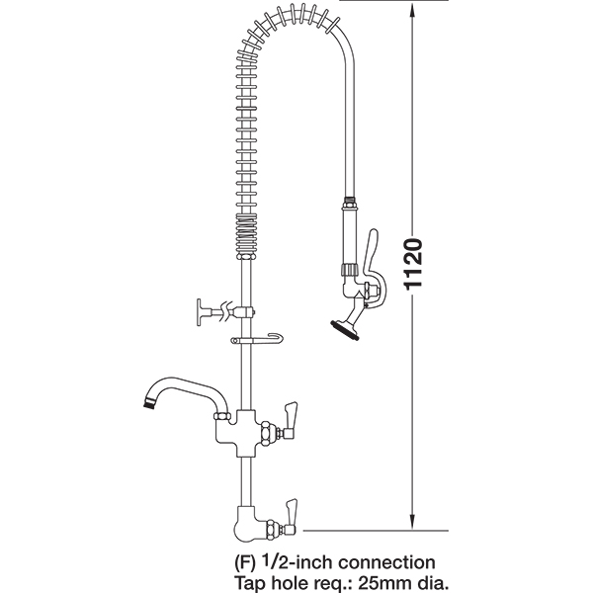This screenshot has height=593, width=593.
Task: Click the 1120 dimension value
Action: point(412,264)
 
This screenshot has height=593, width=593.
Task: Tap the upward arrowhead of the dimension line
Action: point(412,11)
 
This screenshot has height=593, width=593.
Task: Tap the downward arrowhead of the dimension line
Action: point(412,522)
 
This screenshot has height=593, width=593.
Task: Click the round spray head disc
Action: point(344,330)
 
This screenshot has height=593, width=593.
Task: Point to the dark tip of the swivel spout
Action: point(148,403)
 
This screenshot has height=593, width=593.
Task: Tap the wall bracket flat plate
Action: point(200,312)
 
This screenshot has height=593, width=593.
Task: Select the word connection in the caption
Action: point(386,562)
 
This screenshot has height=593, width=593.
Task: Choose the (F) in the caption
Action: point(245,563)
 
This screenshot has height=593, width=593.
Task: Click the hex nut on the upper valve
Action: point(268,433)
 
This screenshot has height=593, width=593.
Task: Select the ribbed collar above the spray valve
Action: point(350,270)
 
